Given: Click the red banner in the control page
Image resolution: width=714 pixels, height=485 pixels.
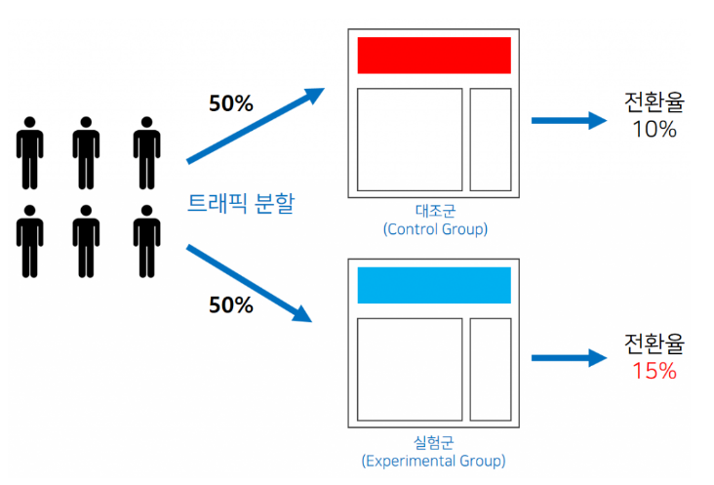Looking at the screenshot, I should click(434, 55).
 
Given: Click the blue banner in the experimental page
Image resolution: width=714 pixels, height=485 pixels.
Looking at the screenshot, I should click(434, 284).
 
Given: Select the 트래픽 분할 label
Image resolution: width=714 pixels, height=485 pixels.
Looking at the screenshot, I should click(241, 205).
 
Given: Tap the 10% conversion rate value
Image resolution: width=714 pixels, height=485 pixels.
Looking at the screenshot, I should click(654, 129).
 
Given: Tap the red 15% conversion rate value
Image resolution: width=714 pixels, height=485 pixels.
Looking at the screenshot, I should click(654, 371).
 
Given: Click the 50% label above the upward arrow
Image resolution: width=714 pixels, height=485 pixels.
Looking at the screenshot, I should click(230, 102).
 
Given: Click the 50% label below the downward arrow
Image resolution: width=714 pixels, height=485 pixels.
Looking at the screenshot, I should click(230, 304).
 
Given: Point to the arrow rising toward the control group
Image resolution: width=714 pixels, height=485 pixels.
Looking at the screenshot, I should click(256, 125).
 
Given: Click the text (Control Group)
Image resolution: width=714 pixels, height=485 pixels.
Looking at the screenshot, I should click(435, 229).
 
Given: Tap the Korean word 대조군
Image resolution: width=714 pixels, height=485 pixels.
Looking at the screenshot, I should click(435, 211).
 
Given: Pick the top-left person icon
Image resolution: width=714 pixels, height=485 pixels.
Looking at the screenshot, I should click(30, 153).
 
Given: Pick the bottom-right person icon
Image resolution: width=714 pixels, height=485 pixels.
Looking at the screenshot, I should click(146, 241).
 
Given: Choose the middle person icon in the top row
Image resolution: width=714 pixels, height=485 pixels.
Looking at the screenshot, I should click(87, 153).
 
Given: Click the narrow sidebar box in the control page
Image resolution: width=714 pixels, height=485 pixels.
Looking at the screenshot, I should click(491, 140).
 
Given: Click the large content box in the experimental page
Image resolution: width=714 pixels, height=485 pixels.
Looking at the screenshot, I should click(409, 369).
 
